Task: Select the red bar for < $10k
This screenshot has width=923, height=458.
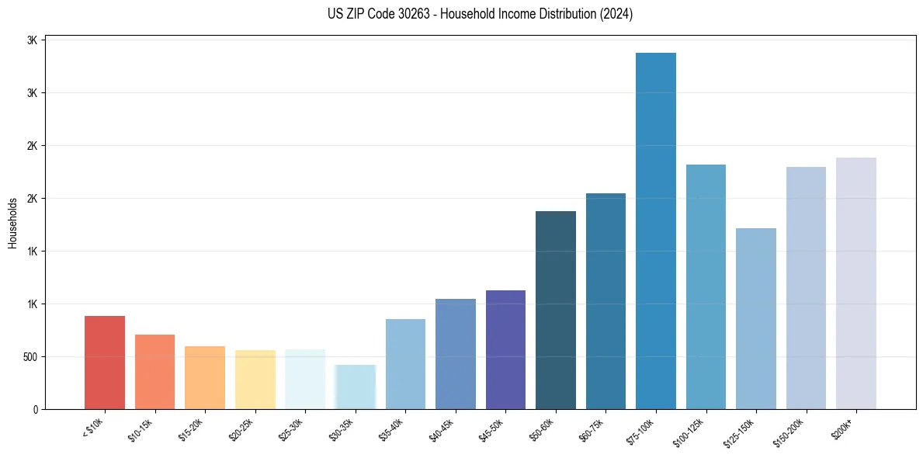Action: (x=105, y=363)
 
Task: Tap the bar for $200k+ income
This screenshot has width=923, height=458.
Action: (x=855, y=283)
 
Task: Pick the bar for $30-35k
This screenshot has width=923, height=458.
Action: (x=356, y=387)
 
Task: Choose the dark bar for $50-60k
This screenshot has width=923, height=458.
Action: (x=556, y=311)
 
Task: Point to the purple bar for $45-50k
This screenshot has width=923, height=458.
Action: (x=505, y=349)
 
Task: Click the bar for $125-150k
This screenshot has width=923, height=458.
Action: (x=755, y=318)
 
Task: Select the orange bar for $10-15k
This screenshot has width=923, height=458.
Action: (x=154, y=372)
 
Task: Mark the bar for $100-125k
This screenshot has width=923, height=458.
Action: (x=706, y=287)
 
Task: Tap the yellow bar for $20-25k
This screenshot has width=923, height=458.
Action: (x=255, y=380)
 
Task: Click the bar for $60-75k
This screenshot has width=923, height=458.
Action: (x=606, y=301)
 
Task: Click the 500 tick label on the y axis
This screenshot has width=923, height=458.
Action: (x=29, y=357)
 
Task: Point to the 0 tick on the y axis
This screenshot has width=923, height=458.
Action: (x=35, y=409)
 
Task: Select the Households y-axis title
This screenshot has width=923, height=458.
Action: (x=12, y=223)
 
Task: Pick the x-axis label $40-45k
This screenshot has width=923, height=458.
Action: (x=442, y=431)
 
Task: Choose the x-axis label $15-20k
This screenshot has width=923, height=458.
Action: (x=191, y=431)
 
